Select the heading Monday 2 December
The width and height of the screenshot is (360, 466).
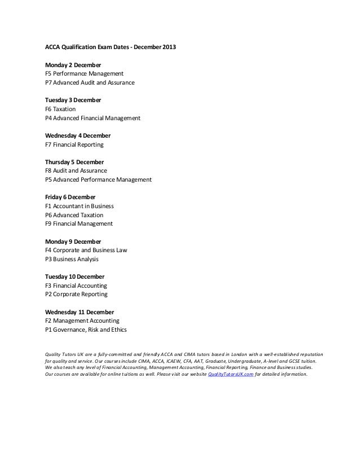click(x=73, y=65)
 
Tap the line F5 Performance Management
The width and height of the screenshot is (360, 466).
click(x=84, y=74)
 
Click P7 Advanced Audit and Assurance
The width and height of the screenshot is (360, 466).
click(x=90, y=83)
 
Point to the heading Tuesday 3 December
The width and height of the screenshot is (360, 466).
click(x=73, y=100)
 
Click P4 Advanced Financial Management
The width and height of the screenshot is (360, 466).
click(x=93, y=118)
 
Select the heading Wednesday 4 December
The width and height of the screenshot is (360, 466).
click(x=78, y=136)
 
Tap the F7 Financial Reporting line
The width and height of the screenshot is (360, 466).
click(x=74, y=145)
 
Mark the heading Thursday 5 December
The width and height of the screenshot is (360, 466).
click(x=74, y=162)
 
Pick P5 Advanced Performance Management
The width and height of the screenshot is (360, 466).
click(x=98, y=180)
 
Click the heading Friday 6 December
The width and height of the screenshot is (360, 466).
click(x=70, y=197)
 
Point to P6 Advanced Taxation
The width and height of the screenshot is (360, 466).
click(x=74, y=215)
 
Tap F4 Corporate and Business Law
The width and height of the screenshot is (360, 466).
click(x=86, y=250)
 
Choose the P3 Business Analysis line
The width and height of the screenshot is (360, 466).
click(x=72, y=260)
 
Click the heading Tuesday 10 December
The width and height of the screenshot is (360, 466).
click(x=74, y=277)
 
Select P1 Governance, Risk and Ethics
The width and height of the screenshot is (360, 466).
click(x=86, y=330)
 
